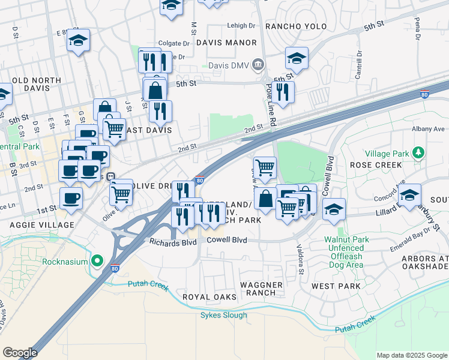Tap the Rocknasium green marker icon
[x=97, y=261]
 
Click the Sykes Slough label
[x=223, y=315]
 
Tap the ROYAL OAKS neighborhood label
[x=209, y=297]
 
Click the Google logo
[x=19, y=353]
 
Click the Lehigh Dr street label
[x=241, y=26]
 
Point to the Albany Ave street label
[x=428, y=128]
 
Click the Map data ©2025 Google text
[x=411, y=355]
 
